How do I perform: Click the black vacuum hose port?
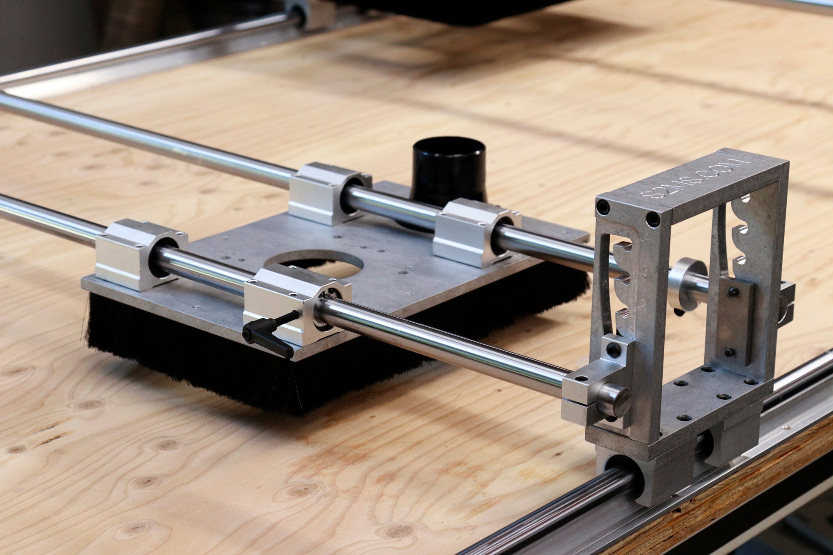[x=448, y=171]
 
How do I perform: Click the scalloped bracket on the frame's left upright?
[x=625, y=291]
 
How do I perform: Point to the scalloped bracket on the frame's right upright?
[x=746, y=233]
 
